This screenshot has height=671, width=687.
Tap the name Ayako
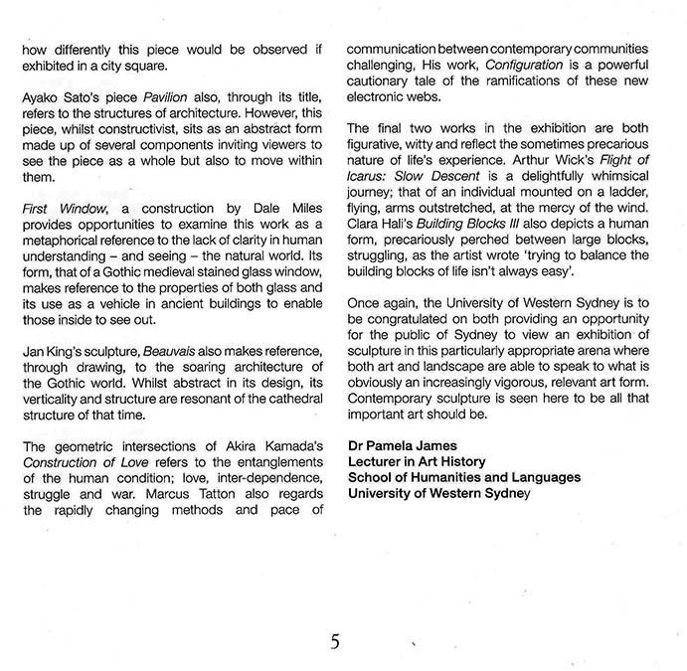tap(43, 102)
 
